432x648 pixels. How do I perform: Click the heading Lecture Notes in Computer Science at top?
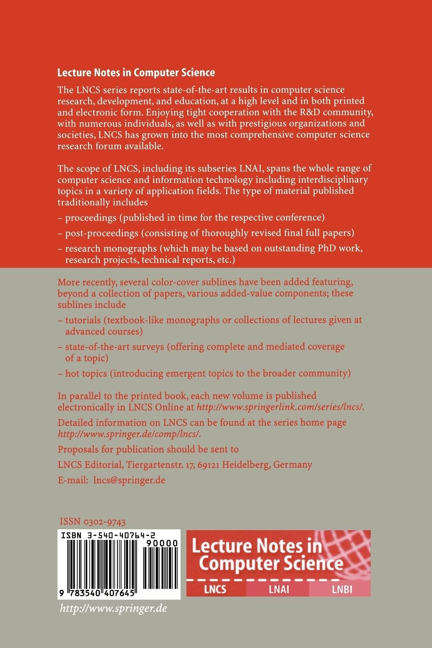(x=136, y=73)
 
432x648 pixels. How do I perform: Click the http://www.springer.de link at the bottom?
(x=113, y=608)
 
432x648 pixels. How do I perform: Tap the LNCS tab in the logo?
(x=215, y=589)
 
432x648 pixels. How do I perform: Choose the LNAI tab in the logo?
(x=278, y=589)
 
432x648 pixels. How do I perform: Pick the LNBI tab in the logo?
(x=341, y=589)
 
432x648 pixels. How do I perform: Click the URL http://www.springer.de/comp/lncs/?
(x=129, y=434)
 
